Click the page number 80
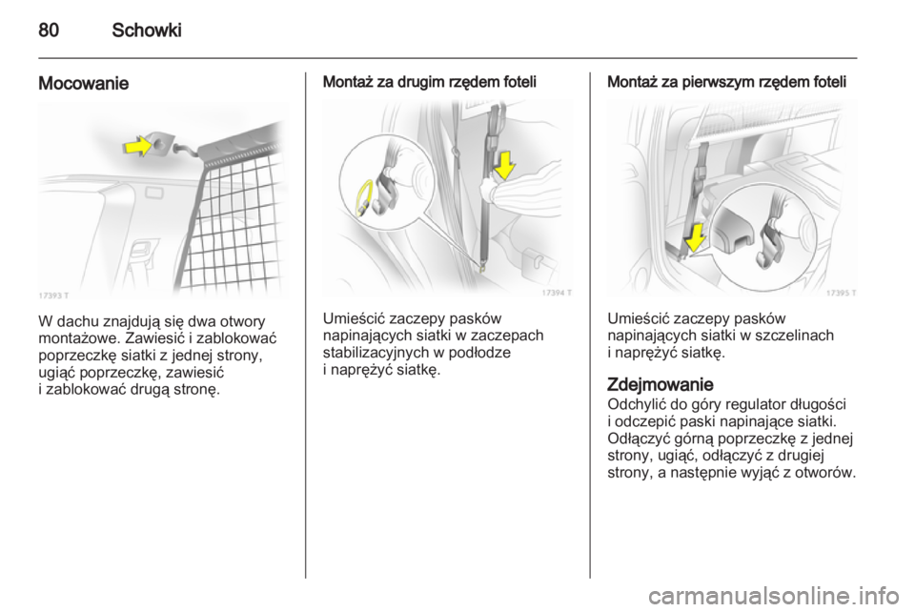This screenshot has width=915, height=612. pos(49,30)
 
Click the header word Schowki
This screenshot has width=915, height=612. pos(147,30)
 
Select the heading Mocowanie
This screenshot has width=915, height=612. pos(84,84)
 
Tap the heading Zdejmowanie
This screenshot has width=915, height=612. pos(660,384)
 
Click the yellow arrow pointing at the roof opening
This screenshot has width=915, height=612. pos(137,146)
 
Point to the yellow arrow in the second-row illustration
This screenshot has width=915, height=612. pos(504,165)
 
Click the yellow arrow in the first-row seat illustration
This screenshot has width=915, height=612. pos(695,238)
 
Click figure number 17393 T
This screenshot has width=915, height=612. pos(53,296)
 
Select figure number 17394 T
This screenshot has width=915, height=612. pos(557,293)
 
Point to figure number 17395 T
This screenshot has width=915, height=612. pos(841,293)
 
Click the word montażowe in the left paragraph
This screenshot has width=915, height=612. pos(79,338)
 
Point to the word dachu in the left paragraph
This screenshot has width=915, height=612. pos(79,321)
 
